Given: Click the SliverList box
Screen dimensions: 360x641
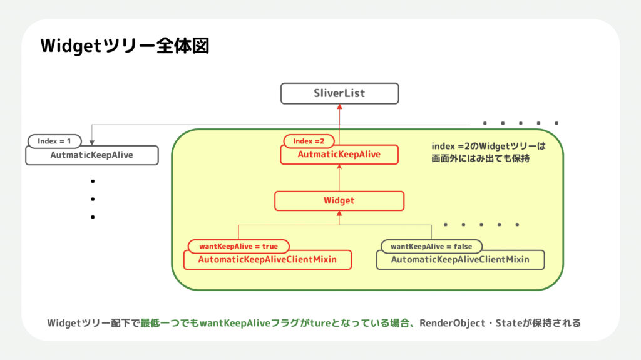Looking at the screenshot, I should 339,93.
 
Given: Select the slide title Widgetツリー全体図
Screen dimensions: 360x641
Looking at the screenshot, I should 125,46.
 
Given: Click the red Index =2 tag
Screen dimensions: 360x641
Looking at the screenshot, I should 309,141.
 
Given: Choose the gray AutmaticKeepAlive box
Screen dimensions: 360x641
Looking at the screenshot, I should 91,155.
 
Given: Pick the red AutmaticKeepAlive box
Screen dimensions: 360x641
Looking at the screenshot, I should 339,155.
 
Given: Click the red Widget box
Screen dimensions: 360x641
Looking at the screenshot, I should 339,201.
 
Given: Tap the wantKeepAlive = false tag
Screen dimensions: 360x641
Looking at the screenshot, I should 431,246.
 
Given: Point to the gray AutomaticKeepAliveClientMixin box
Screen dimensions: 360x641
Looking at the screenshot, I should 460,260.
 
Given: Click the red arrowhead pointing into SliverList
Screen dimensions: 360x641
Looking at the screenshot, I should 339,107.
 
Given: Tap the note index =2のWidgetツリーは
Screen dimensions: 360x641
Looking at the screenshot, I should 489,146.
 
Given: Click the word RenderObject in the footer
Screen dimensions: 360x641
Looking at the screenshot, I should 455,323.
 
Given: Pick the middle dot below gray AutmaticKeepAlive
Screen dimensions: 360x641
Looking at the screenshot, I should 92,199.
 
